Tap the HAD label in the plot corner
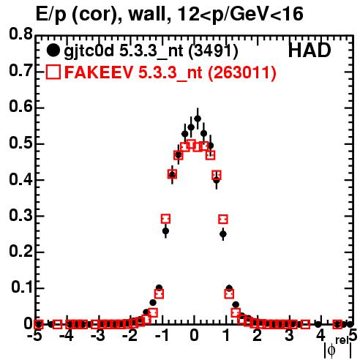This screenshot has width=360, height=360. [x=310, y=50]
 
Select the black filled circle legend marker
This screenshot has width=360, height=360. [x=53, y=50]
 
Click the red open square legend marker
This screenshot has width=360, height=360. [x=53, y=72]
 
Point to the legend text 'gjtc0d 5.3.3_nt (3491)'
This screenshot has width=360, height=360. [x=151, y=51]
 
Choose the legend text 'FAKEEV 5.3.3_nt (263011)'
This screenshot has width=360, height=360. [x=170, y=72]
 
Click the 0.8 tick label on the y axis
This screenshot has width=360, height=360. [x=20, y=34]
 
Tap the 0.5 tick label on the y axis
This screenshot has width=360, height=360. [x=20, y=143]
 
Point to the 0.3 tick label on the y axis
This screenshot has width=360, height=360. [x=20, y=216]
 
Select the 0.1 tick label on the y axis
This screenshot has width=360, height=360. [x=22, y=288]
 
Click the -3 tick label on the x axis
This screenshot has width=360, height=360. [x=98, y=335]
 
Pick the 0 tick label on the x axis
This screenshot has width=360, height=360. [x=194, y=335]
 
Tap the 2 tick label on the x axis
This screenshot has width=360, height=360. [x=258, y=335]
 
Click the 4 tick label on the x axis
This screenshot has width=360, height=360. [x=320, y=335]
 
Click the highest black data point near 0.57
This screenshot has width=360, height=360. [x=198, y=119]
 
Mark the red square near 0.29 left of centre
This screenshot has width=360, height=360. [x=165, y=219]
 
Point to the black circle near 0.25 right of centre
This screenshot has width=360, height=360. [x=223, y=234]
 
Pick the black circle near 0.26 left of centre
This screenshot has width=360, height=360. [x=165, y=230]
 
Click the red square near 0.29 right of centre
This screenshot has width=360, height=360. [x=223, y=220]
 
